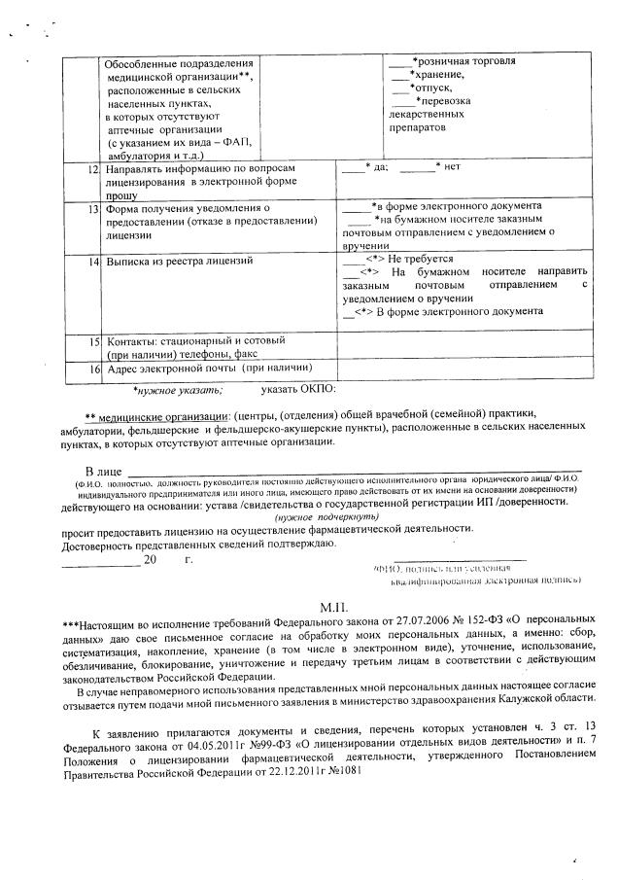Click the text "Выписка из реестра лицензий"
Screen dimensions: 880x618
[179, 262]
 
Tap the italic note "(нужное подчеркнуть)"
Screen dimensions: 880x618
[315, 518]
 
